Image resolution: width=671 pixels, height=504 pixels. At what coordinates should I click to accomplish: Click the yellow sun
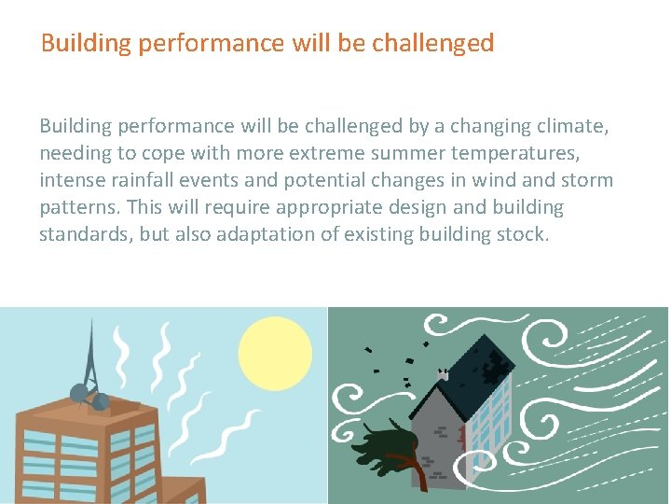click(274, 354)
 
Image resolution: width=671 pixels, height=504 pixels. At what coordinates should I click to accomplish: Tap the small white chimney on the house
click(445, 374)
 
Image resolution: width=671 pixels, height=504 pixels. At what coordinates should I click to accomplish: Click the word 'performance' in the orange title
click(187, 43)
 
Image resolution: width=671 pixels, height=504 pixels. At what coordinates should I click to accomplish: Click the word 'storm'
click(586, 179)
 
